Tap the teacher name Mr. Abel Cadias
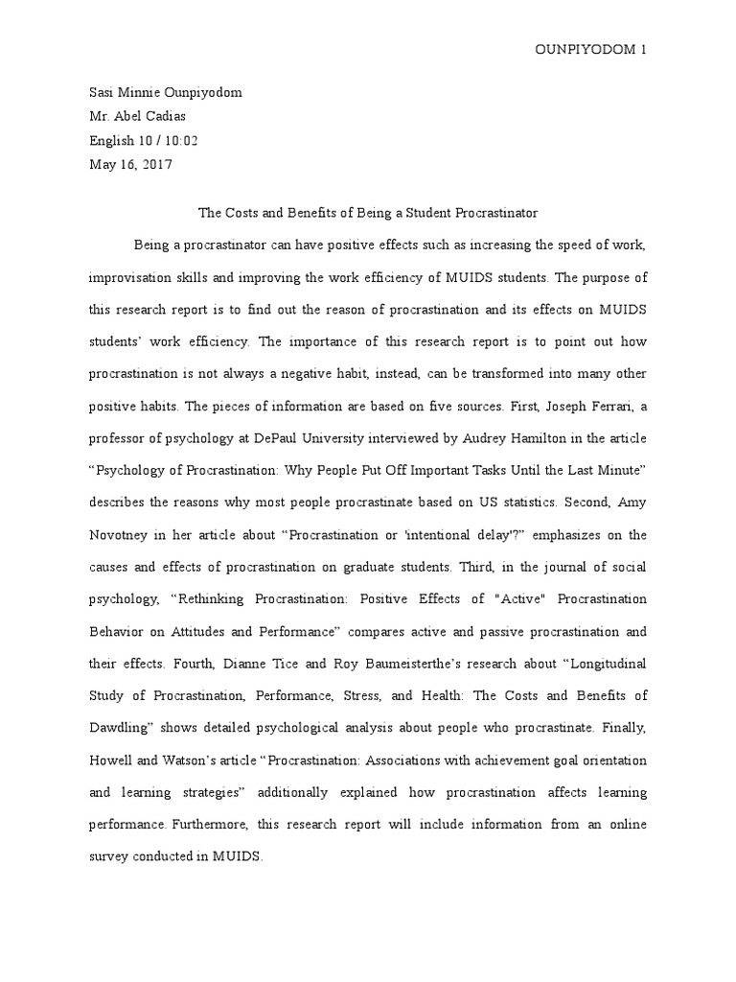point(137,116)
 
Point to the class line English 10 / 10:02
point(143,140)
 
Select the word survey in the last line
point(108,857)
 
